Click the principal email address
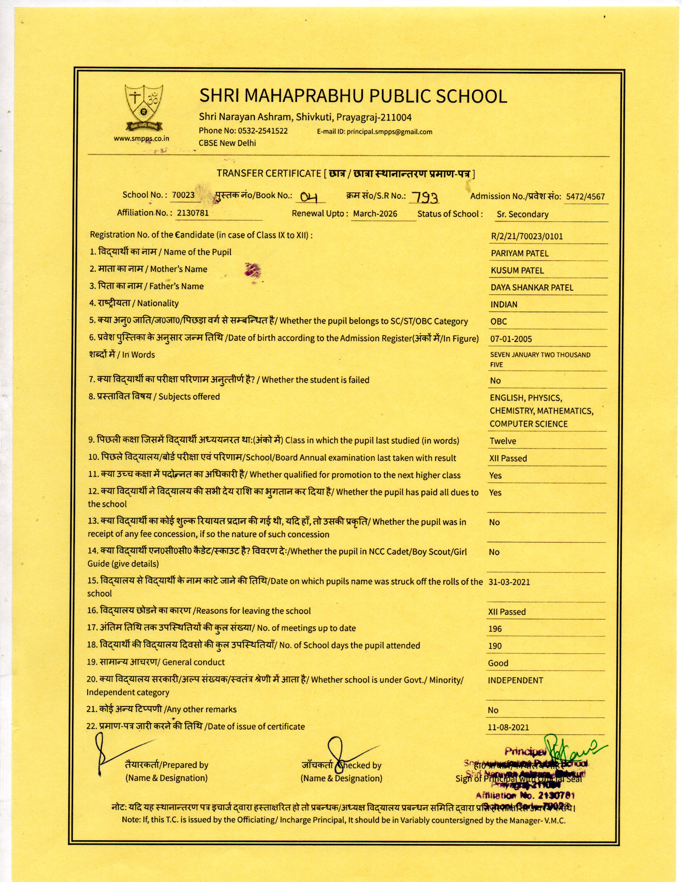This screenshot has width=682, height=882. tap(389, 132)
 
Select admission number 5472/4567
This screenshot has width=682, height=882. tap(585, 197)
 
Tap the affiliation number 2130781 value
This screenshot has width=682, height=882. tap(193, 213)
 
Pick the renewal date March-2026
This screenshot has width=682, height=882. tap(375, 213)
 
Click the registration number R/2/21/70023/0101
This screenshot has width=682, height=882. tap(527, 236)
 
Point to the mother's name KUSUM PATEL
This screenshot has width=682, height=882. tap(517, 271)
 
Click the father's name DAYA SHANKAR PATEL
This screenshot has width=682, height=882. tap(532, 288)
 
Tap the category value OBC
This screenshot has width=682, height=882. tap(498, 322)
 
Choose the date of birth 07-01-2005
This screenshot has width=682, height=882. tap(511, 339)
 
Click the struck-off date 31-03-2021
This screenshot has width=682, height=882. tap(509, 582)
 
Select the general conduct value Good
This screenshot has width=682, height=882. tap(498, 663)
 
